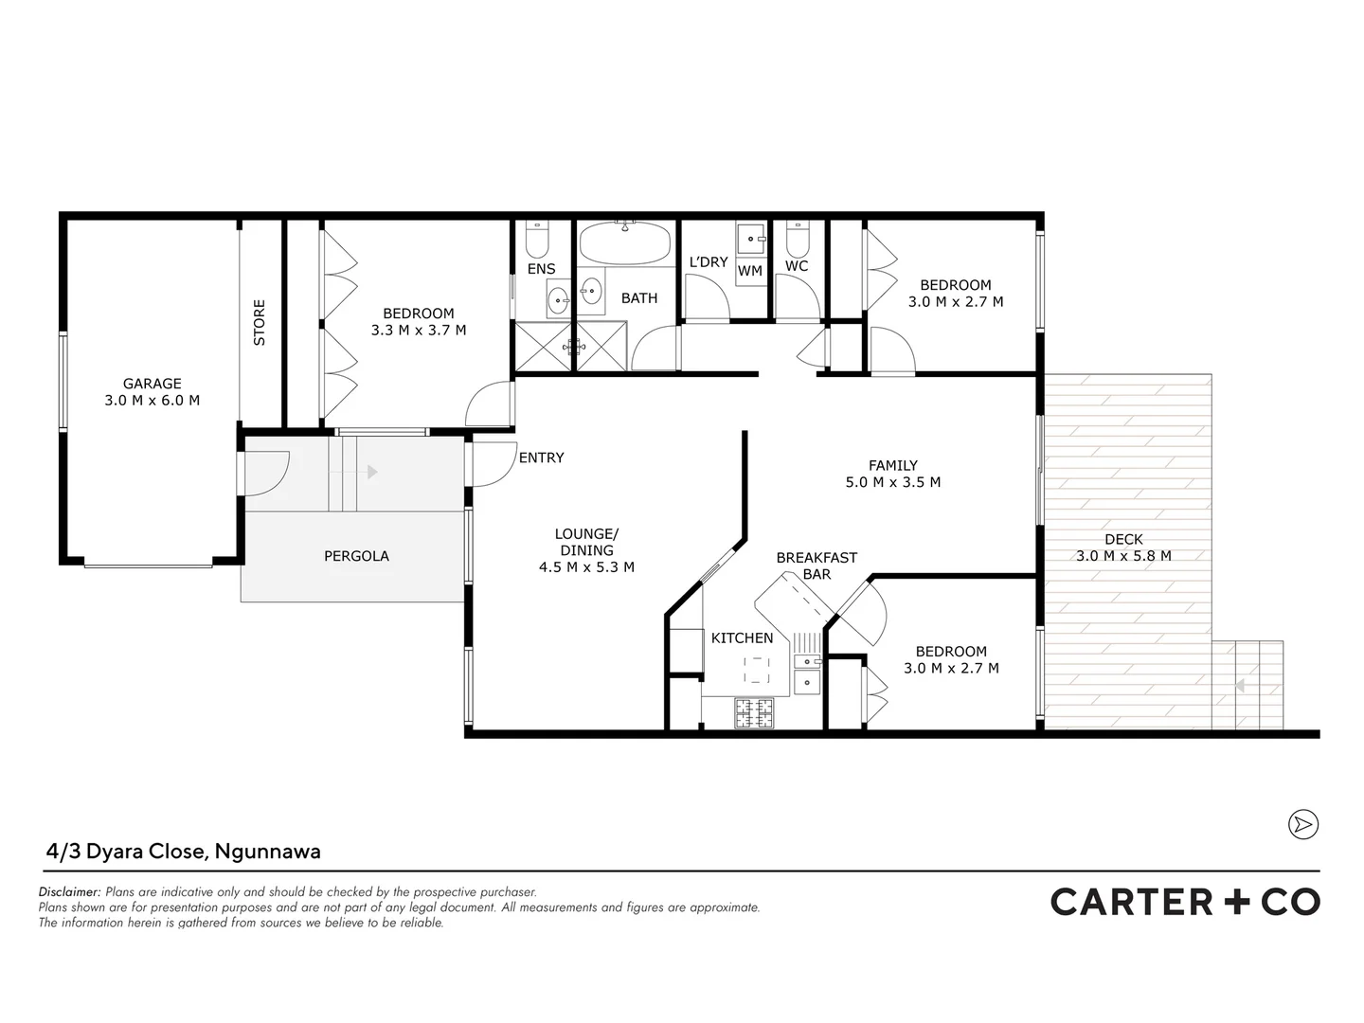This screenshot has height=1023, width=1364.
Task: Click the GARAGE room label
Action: (152, 384)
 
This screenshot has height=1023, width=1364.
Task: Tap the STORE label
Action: (259, 322)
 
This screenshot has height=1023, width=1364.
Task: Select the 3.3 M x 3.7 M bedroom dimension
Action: (418, 331)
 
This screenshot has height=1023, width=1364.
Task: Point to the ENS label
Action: (541, 269)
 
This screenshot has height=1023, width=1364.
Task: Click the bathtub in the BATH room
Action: (624, 244)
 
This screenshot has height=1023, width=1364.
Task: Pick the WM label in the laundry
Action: (749, 271)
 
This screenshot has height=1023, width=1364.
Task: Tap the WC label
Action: (796, 266)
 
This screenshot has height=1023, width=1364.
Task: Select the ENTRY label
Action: (541, 458)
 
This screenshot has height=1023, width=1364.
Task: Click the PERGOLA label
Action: (356, 556)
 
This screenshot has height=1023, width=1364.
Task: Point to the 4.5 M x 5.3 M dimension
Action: (586, 567)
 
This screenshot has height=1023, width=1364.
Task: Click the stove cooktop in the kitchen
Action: (754, 712)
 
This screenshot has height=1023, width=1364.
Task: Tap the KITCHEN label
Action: (742, 638)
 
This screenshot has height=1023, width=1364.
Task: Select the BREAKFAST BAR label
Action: (817, 565)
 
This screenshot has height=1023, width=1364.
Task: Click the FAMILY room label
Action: (892, 465)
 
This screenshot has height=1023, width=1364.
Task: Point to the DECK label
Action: (1123, 539)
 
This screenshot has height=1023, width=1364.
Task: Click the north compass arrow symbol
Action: (1303, 824)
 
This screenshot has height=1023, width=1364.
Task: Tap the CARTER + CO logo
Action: (1184, 902)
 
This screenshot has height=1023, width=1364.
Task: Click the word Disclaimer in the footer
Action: (69, 892)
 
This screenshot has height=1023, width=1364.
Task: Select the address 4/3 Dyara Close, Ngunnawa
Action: (184, 851)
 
